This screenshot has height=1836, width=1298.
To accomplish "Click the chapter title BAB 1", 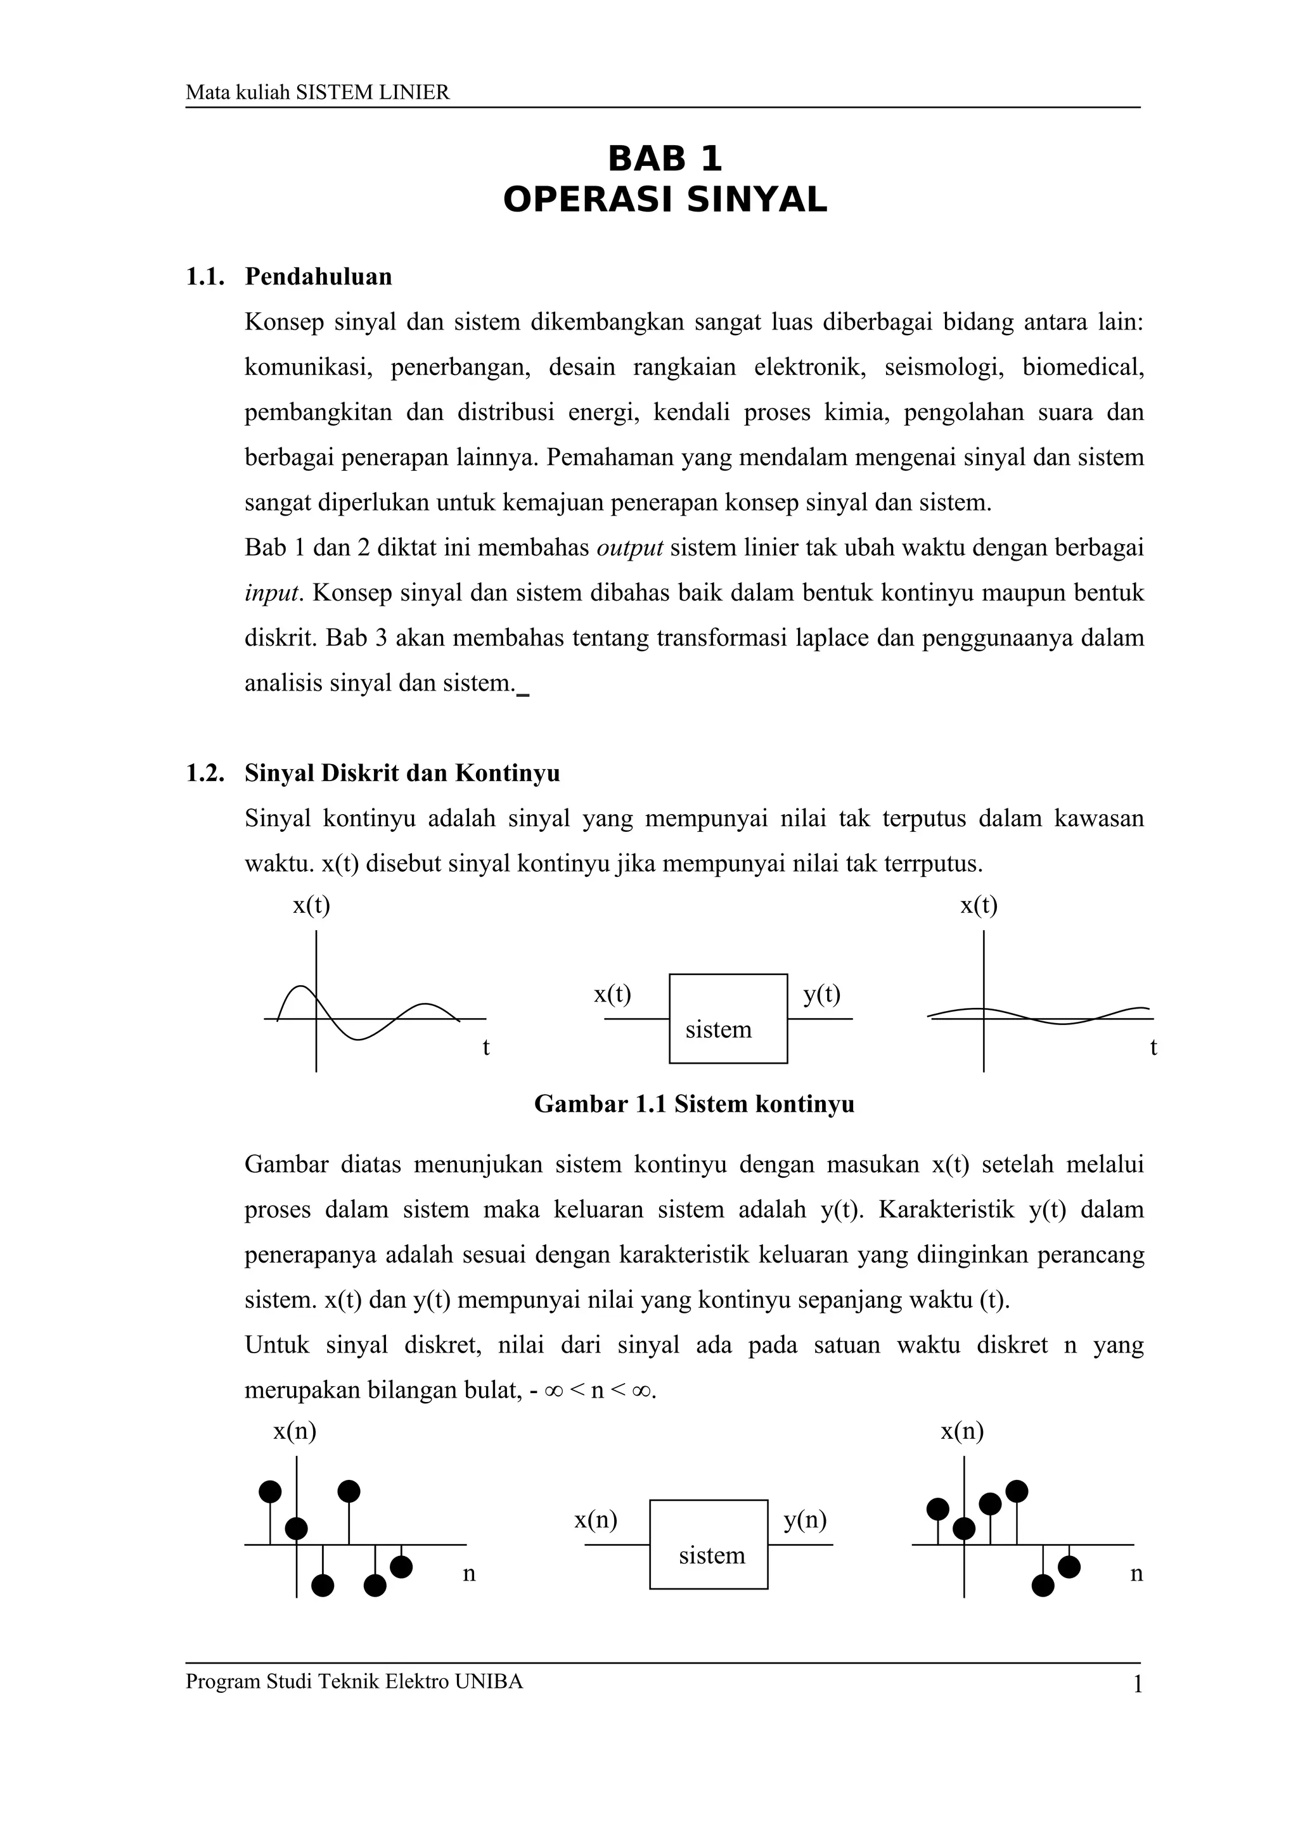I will point(665,158).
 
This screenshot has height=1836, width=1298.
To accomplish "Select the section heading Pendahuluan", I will point(318,277).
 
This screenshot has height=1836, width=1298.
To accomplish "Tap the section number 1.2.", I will point(205,774).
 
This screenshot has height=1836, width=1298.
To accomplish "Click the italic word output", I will point(629,549).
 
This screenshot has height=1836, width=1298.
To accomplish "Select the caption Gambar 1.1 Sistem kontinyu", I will point(693,1104).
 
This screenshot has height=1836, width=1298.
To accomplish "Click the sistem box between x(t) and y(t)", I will point(728,1019).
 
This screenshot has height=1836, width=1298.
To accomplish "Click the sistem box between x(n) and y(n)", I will point(709,1544).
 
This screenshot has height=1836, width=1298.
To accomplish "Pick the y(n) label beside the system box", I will point(804,1519).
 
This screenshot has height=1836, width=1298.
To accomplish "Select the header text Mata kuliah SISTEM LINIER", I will point(318,92).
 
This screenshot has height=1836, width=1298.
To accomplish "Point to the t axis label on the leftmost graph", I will point(485,1047).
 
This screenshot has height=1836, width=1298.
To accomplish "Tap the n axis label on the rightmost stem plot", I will point(1136,1574).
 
